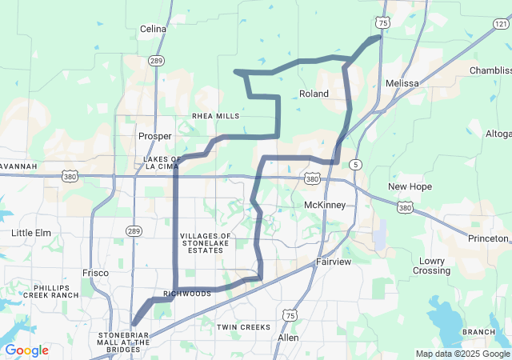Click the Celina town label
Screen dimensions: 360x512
click(x=153, y=29)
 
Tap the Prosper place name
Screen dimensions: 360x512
click(x=155, y=136)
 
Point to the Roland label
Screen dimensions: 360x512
click(x=314, y=94)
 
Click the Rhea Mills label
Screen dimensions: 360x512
click(x=215, y=116)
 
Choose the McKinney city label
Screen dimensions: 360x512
click(x=325, y=205)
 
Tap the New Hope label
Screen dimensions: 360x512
click(x=410, y=186)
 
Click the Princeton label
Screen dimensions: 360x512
click(x=489, y=238)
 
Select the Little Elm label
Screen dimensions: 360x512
click(x=31, y=233)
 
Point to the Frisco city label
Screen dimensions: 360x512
click(x=95, y=273)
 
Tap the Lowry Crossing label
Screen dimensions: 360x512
click(x=431, y=266)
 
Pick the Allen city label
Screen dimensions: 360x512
click(x=287, y=338)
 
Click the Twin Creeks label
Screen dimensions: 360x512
click(x=244, y=327)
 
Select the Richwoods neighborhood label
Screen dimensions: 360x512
click(x=187, y=294)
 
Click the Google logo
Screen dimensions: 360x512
click(x=26, y=350)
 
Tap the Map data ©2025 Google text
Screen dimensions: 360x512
click(x=462, y=354)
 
